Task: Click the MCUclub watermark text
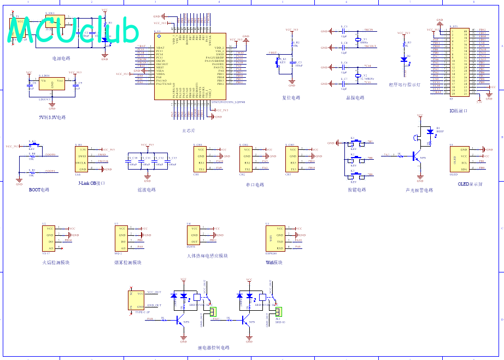tap(74, 31)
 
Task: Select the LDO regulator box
tap(52, 84)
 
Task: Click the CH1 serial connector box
tap(201, 159)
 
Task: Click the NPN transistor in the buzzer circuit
tap(419, 156)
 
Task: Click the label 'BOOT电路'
tap(39, 190)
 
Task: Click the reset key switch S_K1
tap(279, 60)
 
